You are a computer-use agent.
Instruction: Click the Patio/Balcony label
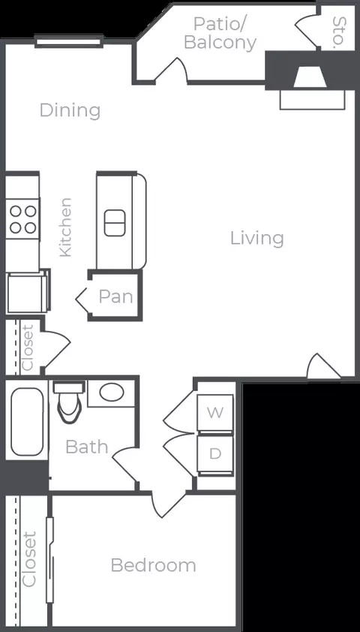[220, 33]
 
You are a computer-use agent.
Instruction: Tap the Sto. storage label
[340, 32]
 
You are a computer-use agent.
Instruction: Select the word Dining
[70, 110]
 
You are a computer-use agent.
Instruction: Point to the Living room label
[257, 238]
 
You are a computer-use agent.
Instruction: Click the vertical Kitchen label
[65, 227]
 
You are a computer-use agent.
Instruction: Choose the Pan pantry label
[116, 296]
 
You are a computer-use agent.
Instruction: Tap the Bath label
[86, 447]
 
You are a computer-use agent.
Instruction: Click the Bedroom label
[154, 565]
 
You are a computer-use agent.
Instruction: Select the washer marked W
[215, 413]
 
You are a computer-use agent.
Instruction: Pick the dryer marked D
[215, 454]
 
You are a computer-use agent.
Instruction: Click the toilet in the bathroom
[69, 403]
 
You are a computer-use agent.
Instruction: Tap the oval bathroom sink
[112, 392]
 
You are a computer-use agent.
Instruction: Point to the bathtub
[27, 422]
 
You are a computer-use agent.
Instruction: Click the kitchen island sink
[115, 223]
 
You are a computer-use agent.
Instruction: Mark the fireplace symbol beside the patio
[310, 77]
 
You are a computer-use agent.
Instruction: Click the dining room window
[69, 41]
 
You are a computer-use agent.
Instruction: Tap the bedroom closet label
[29, 559]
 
